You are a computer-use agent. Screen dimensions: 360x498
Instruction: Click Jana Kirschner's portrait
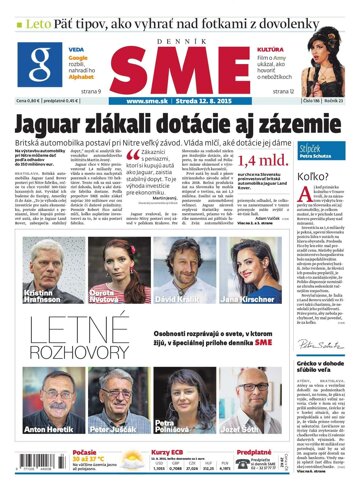240,240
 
